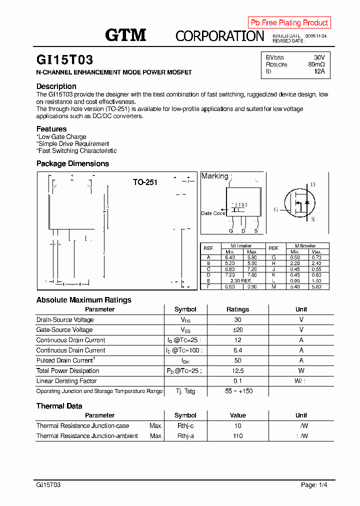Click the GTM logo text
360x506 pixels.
(x=125, y=34)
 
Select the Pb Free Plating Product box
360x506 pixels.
(x=289, y=22)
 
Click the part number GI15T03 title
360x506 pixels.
(x=64, y=60)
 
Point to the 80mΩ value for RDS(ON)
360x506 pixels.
(x=316, y=64)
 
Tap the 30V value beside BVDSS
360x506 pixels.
(x=319, y=57)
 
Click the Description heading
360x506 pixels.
(x=56, y=86)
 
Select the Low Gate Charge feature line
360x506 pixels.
(x=62, y=137)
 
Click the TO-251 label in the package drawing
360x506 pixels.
(x=145, y=182)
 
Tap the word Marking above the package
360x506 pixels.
(x=214, y=176)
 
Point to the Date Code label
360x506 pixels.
(x=213, y=213)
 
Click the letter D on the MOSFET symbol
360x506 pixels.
(x=313, y=185)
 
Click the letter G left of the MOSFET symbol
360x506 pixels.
(x=275, y=209)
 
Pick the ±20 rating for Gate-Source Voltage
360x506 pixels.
(x=237, y=330)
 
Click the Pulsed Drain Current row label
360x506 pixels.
(x=65, y=360)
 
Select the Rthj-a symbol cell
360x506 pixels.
(x=185, y=436)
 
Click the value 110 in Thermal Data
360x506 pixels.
(x=237, y=436)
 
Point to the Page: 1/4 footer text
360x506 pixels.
(x=314, y=485)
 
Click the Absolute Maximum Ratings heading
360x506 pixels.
(x=84, y=300)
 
